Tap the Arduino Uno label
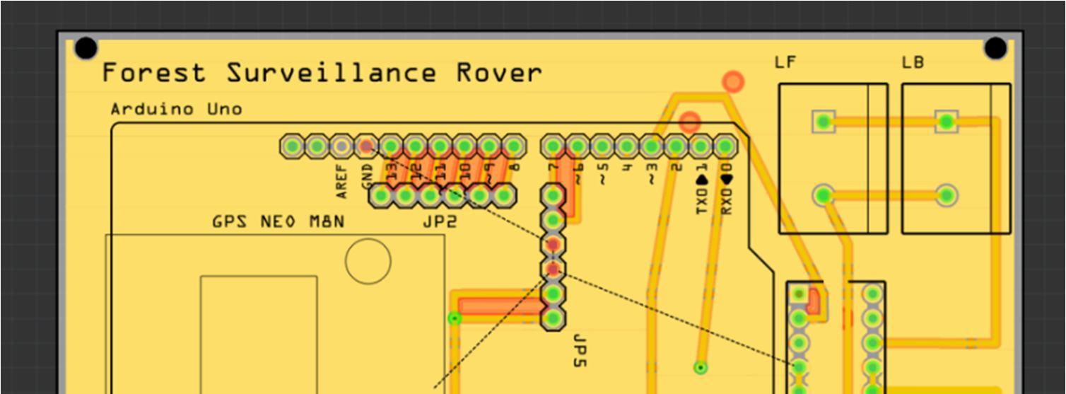point(176,110)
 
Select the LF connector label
point(785,63)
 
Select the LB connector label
point(912,63)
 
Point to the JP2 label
point(440,222)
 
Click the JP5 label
point(579,351)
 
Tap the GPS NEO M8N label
point(278,222)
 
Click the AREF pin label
point(342,182)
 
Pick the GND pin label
point(366,176)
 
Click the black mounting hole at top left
point(86,48)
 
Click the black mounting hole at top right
point(995,48)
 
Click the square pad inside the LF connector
point(822,122)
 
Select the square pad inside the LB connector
point(946,122)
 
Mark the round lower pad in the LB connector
point(946,195)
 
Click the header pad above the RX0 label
point(724,147)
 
